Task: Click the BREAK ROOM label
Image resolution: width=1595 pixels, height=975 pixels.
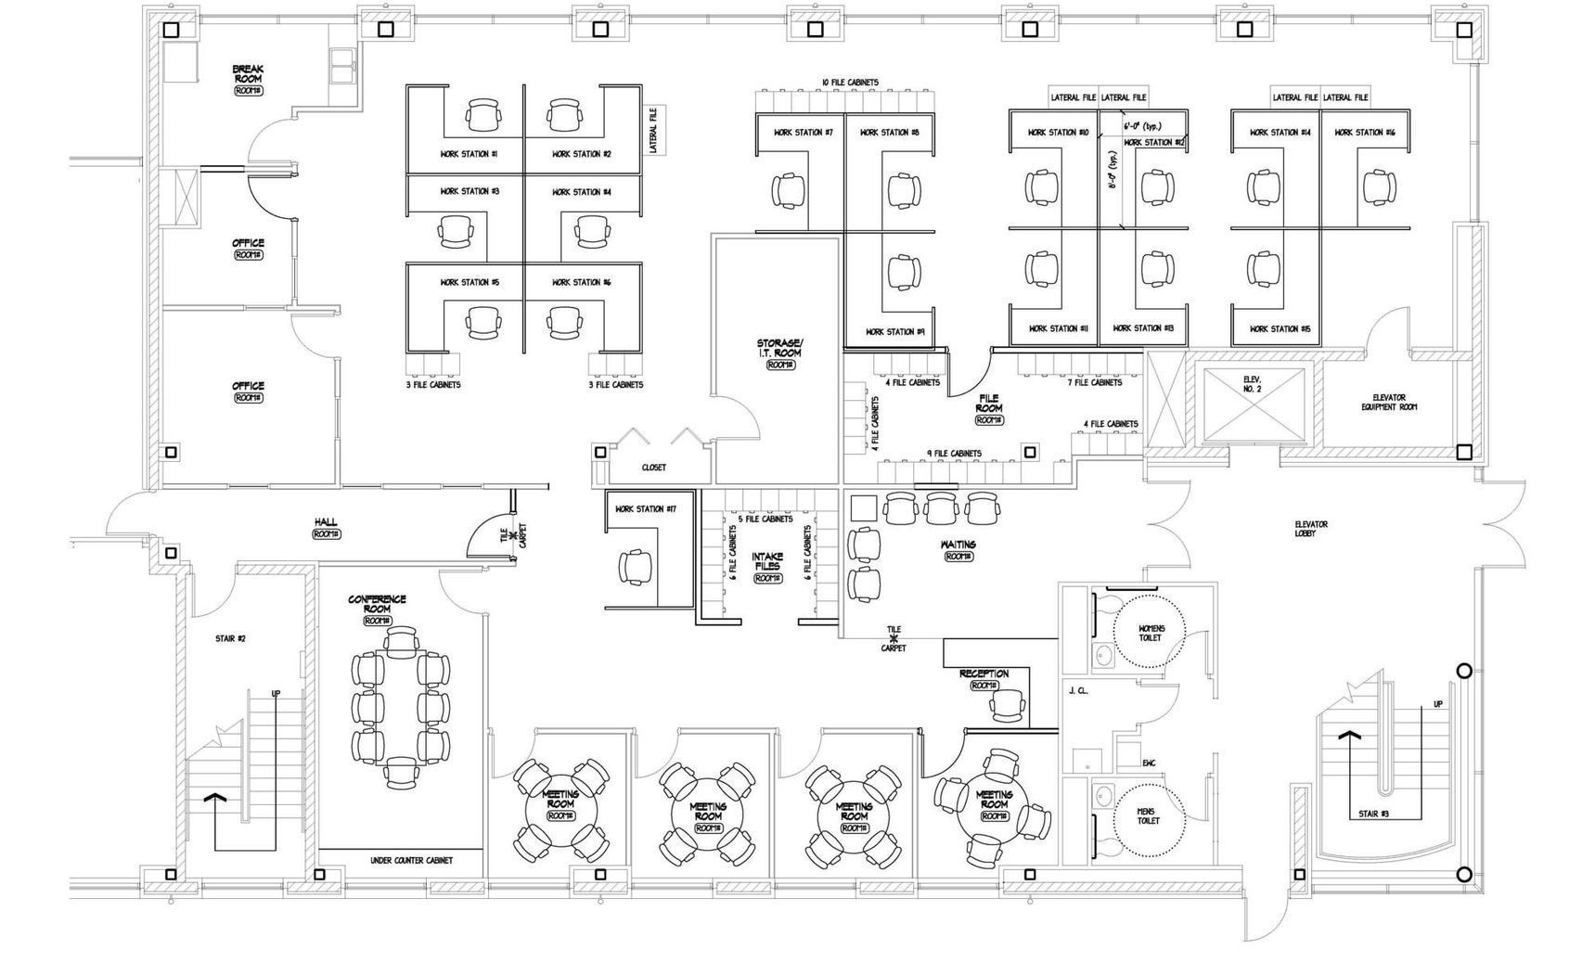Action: click(x=248, y=74)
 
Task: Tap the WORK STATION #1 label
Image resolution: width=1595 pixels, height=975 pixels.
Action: click(x=469, y=154)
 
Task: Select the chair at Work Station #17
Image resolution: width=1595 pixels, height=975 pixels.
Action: click(x=636, y=566)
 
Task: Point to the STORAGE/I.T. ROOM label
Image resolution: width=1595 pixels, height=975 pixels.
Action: click(x=778, y=348)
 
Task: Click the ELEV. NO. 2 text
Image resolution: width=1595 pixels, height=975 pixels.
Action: click(x=1252, y=384)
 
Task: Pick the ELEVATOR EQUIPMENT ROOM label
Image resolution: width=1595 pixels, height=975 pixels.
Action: click(x=1389, y=402)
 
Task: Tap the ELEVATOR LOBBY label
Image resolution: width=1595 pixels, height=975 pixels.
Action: click(x=1311, y=530)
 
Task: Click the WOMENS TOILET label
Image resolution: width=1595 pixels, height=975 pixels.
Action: click(x=1151, y=633)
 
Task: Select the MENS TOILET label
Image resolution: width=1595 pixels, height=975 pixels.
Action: click(x=1148, y=816)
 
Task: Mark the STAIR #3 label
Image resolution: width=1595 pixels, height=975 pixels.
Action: click(x=1373, y=815)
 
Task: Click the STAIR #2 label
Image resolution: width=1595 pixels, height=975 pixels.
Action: click(x=230, y=639)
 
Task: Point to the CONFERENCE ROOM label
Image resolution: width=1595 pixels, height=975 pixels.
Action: click(x=377, y=605)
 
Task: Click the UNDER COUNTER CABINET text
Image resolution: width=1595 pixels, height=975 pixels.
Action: click(x=411, y=861)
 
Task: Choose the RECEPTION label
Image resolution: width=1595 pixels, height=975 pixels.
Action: click(x=984, y=674)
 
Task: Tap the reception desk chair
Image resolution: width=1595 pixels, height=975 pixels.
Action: click(x=1007, y=706)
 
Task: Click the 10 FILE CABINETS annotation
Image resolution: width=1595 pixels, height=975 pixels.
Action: click(x=849, y=83)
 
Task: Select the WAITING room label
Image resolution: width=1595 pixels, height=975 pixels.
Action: click(x=958, y=545)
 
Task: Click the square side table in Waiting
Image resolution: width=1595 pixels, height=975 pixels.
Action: click(x=863, y=508)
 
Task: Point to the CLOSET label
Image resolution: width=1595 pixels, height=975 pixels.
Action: click(x=653, y=468)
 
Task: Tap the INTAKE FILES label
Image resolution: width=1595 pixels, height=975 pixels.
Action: click(x=767, y=561)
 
